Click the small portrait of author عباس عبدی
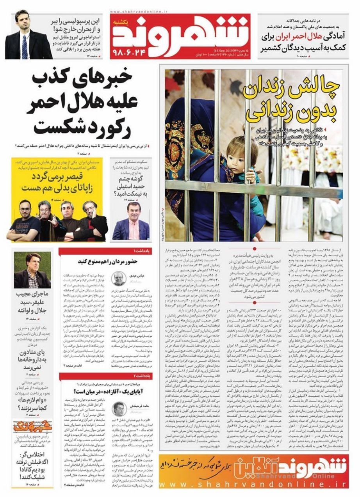click(118, 278)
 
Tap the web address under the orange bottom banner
click(252, 483)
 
